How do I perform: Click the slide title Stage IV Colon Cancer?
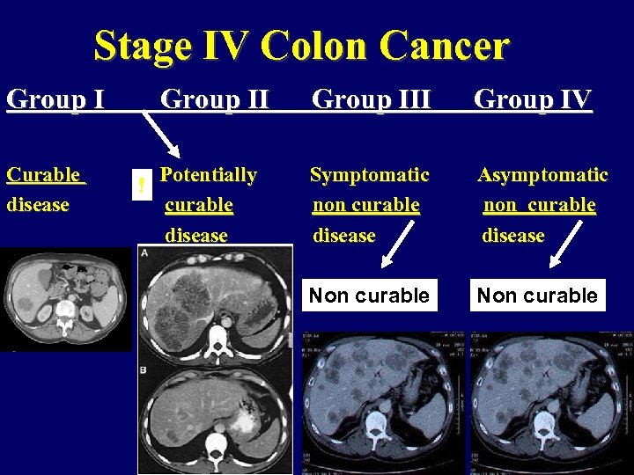click(x=301, y=46)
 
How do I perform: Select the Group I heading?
click(x=55, y=100)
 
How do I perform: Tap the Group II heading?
click(x=215, y=100)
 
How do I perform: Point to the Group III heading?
click(x=372, y=100)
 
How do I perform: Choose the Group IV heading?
click(x=533, y=100)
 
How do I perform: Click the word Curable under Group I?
click(x=44, y=175)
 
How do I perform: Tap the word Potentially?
click(x=208, y=175)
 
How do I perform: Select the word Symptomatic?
click(x=370, y=175)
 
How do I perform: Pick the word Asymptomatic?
click(x=542, y=175)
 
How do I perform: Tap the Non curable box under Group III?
click(x=369, y=296)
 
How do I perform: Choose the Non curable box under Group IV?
click(x=537, y=296)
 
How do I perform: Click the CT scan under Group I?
click(x=65, y=299)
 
